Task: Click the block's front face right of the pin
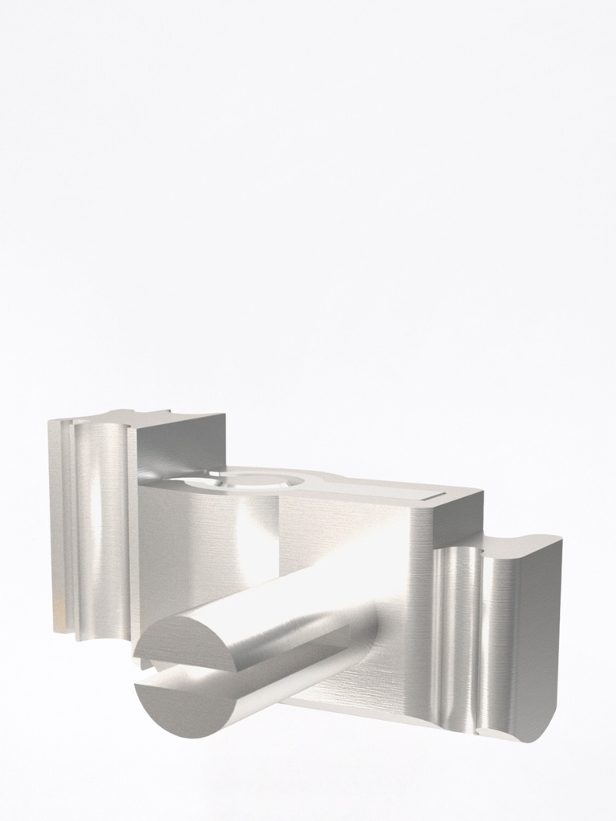401,609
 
